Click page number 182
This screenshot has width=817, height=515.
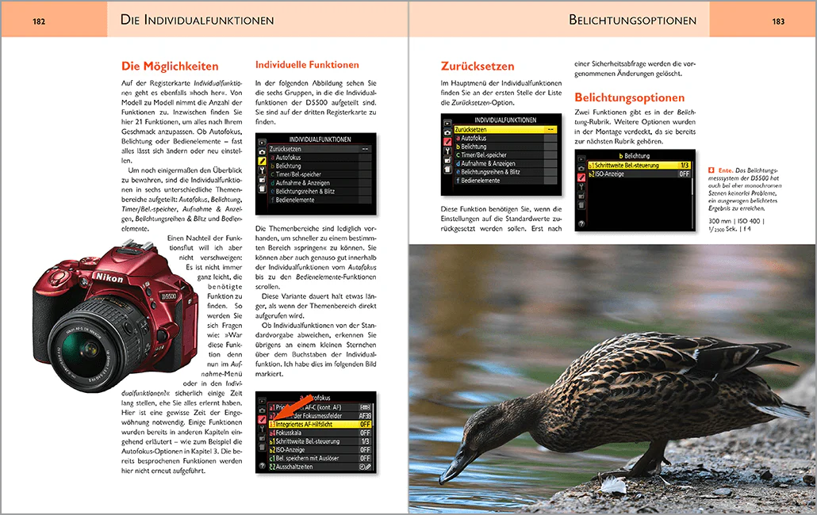[39, 21]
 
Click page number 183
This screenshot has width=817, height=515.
[777, 21]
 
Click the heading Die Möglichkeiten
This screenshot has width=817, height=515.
[170, 67]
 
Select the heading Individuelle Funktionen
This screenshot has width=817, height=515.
[307, 65]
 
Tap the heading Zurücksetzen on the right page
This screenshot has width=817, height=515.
[478, 67]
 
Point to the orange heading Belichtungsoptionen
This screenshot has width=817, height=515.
[629, 98]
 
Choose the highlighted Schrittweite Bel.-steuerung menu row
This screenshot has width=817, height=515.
[639, 166]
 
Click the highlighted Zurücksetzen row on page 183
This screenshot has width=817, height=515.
[499, 128]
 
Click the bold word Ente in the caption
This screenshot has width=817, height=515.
[723, 170]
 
